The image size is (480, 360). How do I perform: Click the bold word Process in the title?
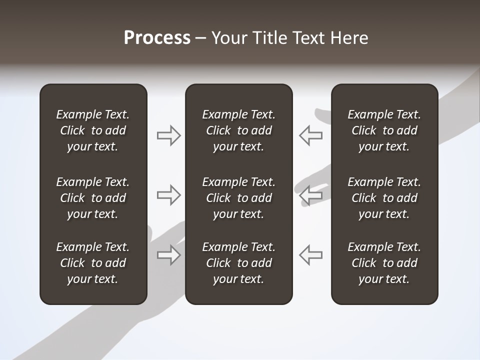[x=157, y=38]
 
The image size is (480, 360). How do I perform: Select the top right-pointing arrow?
[x=168, y=135]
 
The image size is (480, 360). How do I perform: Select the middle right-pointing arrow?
[x=168, y=195]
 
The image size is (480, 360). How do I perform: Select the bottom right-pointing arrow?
[x=168, y=254]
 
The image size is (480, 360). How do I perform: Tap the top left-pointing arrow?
[x=310, y=135]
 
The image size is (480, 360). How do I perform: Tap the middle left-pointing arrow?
[x=310, y=195]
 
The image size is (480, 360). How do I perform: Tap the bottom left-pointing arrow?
[x=310, y=254]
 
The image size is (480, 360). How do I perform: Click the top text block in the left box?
[x=93, y=130]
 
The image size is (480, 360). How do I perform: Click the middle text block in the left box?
[x=93, y=198]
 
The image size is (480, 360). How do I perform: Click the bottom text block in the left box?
[x=93, y=263]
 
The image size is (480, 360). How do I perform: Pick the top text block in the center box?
[x=238, y=130]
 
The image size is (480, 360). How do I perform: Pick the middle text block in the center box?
[x=238, y=198]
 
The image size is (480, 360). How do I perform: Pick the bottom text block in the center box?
[x=238, y=263]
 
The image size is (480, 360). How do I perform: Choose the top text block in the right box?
[x=384, y=130]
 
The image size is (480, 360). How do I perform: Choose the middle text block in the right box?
[x=384, y=198]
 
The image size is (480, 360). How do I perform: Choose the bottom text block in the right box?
[x=384, y=263]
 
